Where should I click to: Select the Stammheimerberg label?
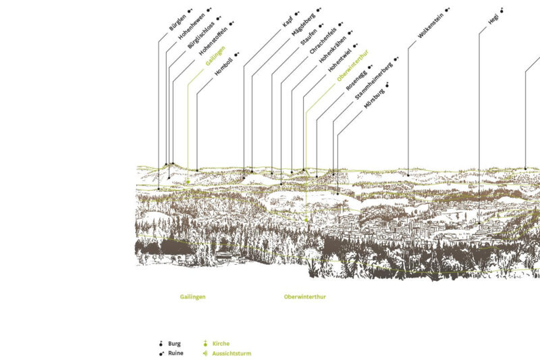pos(371,83)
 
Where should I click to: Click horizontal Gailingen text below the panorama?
pos(192,297)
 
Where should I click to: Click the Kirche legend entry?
pos(221,343)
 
